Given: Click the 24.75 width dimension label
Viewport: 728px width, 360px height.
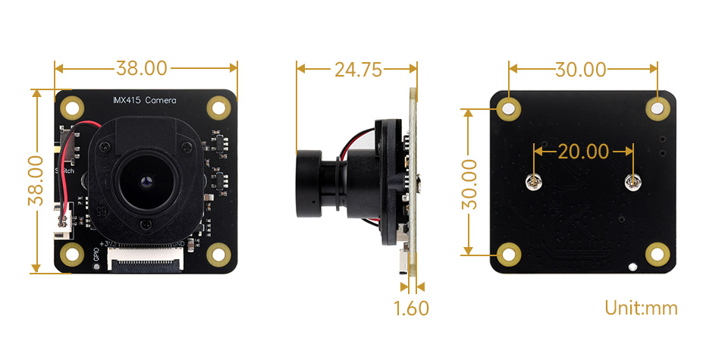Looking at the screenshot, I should tap(357, 70).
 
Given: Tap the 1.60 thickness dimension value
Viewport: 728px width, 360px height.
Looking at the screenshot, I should tap(411, 308).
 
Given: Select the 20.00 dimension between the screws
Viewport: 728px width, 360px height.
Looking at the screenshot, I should tap(583, 151).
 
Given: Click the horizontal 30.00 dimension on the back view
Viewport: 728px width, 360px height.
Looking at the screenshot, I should tap(580, 70).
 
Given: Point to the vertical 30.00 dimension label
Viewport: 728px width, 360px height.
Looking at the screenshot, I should tap(469, 183).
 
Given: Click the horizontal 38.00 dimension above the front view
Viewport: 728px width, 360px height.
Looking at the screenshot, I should tap(141, 68).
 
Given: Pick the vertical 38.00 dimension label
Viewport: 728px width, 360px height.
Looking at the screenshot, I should tap(35, 180).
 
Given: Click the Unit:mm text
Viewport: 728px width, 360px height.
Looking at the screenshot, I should tap(641, 308).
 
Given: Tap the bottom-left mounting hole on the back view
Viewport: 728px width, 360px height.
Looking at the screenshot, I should tap(509, 255).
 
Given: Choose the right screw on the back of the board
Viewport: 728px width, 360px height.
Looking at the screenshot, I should tap(632, 181).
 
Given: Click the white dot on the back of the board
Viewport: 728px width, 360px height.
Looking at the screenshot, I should tap(633, 266).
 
